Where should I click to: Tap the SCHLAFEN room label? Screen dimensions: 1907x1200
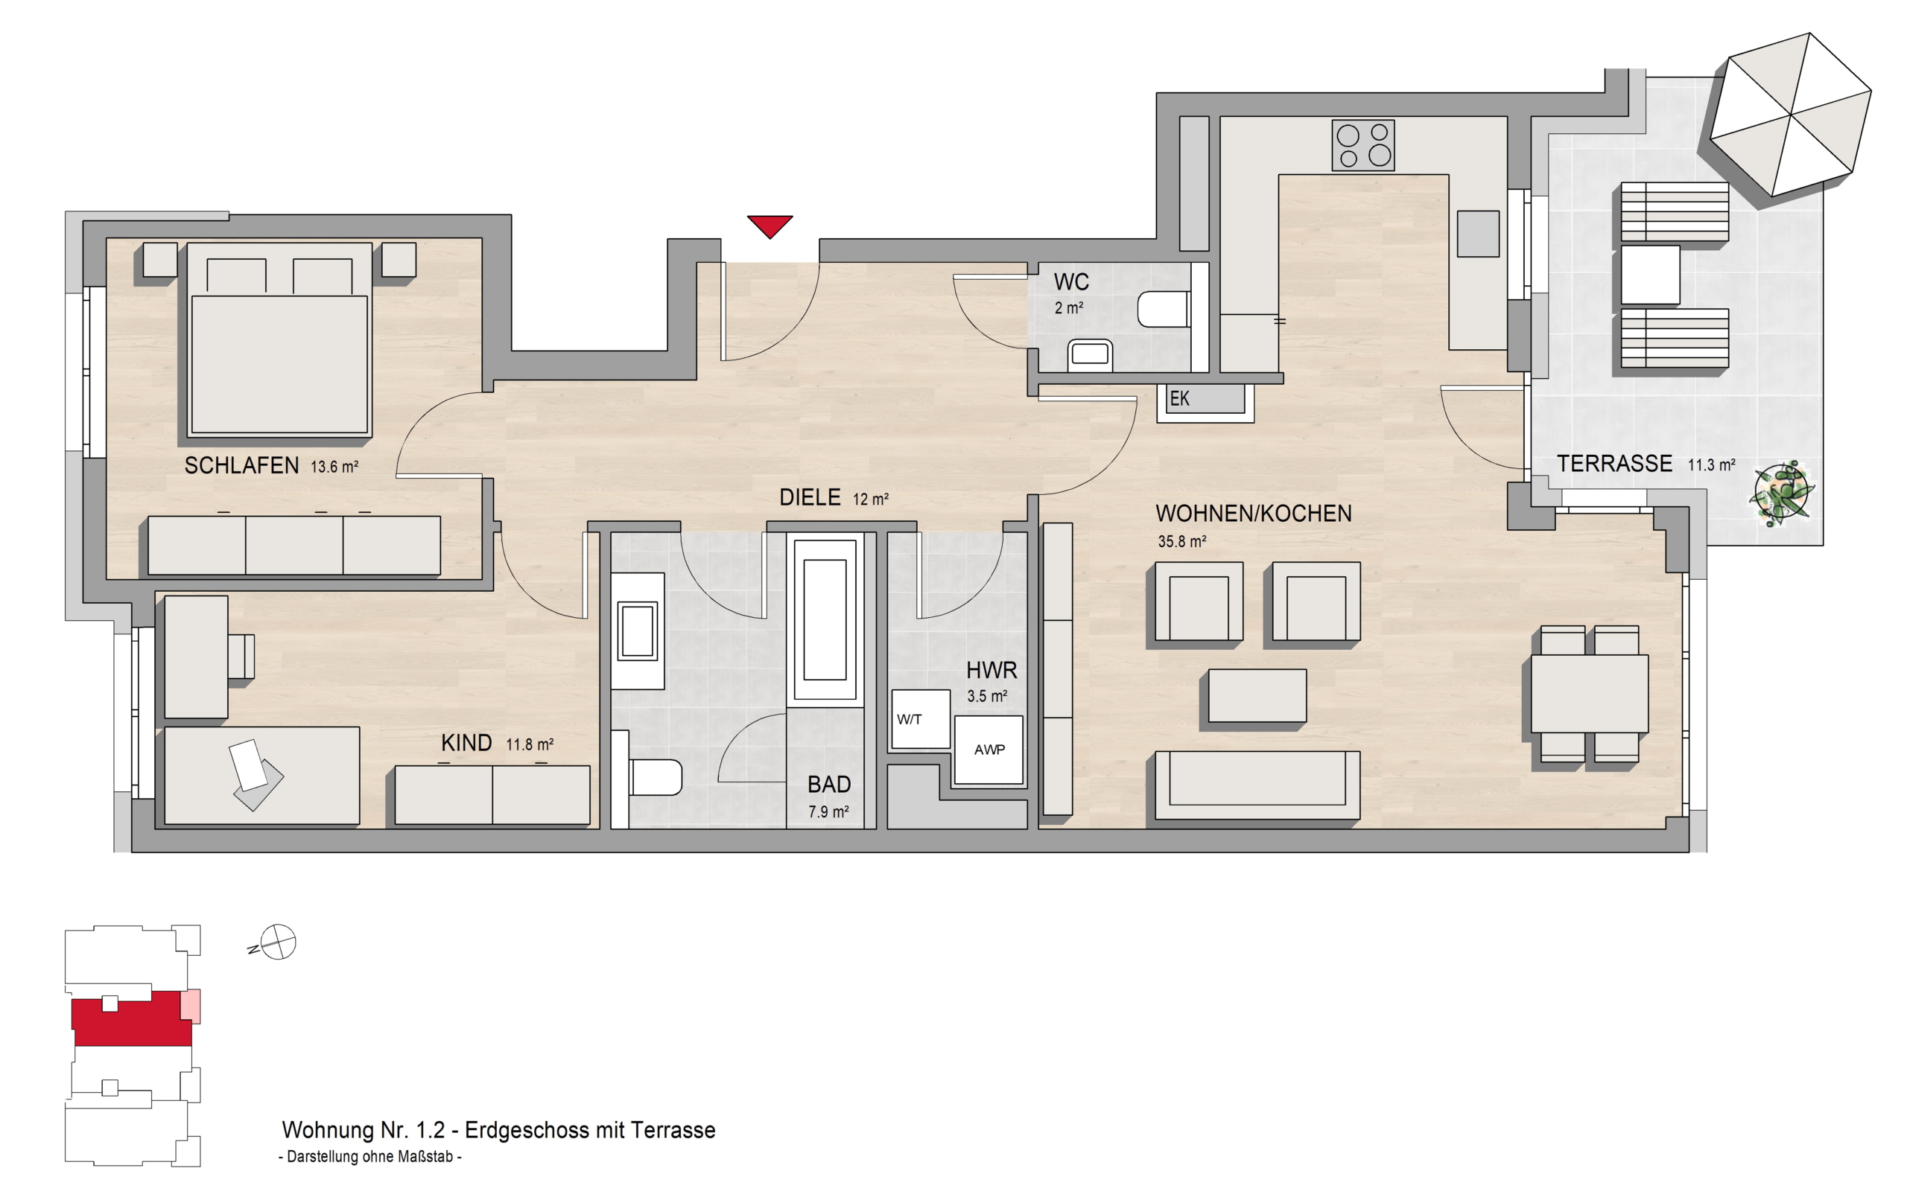tap(241, 465)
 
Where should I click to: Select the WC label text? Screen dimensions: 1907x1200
tap(1070, 282)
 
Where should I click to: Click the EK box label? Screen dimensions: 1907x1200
tap(1180, 399)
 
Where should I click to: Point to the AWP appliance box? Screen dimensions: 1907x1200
tap(989, 750)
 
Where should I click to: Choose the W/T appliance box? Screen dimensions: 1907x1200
tap(920, 718)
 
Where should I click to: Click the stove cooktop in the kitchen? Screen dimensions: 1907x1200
tap(1363, 145)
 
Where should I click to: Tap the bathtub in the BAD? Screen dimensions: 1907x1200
tap(825, 620)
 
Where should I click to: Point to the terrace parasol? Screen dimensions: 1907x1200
tap(1790, 115)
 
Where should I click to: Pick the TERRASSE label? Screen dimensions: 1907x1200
tap(1615, 464)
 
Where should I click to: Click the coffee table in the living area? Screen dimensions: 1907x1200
tap(1257, 696)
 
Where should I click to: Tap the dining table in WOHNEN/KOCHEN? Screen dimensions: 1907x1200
tap(1590, 693)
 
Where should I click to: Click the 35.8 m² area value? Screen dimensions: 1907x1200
tap(1181, 541)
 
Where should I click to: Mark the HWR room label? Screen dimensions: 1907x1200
tap(991, 671)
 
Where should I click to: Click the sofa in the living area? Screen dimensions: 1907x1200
tap(1257, 785)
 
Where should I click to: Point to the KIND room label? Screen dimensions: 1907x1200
tap(466, 743)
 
